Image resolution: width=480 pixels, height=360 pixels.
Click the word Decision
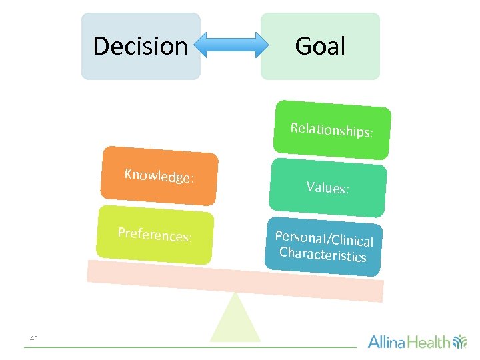click(140, 46)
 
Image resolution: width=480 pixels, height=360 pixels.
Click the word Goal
click(320, 46)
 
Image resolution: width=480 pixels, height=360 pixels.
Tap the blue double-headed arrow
click(230, 45)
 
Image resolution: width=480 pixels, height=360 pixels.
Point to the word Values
click(327, 188)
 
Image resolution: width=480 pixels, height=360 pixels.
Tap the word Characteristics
click(323, 255)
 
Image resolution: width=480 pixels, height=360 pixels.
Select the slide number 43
click(34, 339)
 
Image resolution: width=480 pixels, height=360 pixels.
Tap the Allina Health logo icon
click(460, 342)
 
